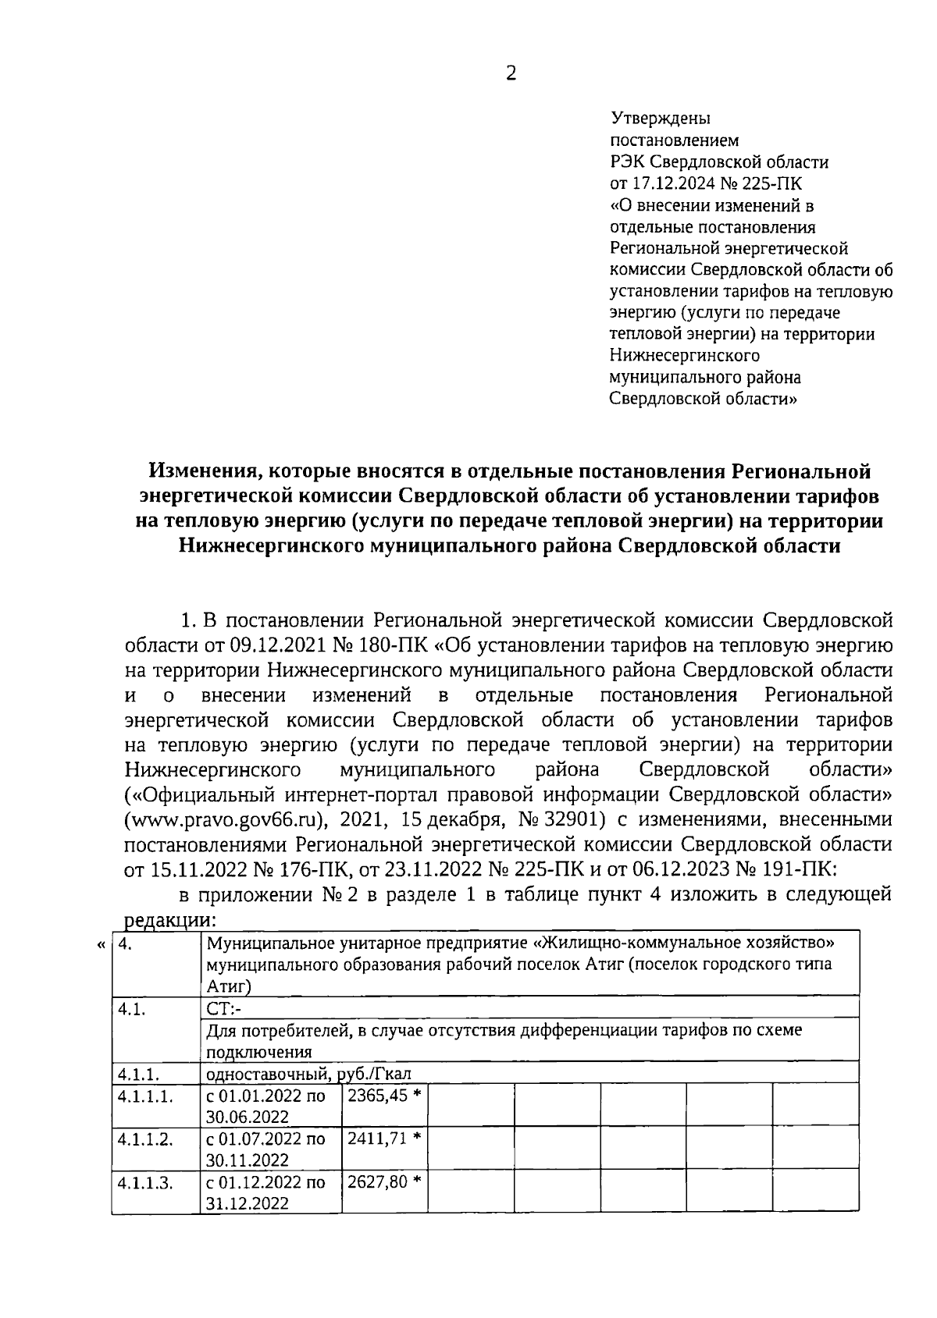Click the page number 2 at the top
511,74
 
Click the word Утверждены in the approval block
660,119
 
